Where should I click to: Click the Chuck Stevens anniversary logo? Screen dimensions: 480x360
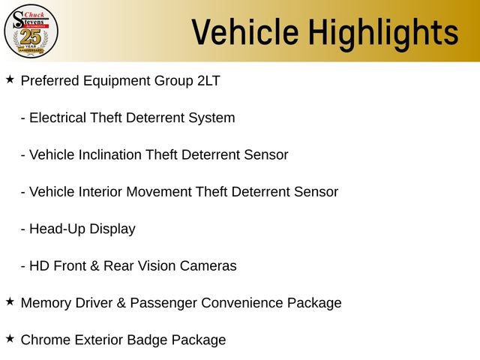(31, 31)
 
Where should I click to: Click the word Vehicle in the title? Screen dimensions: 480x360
(245, 31)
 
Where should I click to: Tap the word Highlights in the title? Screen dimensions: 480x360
(383, 34)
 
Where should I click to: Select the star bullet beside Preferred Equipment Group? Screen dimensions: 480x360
(10, 79)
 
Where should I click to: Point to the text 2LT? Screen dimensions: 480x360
(208, 81)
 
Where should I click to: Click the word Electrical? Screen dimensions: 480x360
(58, 118)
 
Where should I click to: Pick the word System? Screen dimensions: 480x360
(211, 118)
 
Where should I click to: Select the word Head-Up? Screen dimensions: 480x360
(57, 229)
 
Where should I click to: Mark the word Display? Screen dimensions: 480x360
(112, 229)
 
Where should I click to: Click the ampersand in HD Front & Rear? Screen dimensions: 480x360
(95, 265)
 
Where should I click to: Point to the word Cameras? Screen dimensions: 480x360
(208, 265)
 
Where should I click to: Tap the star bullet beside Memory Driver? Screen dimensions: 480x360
(10, 301)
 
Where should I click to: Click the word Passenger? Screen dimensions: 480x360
(163, 303)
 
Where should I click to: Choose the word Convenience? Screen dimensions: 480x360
(242, 303)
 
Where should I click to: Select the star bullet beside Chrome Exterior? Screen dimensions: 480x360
(10, 338)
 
